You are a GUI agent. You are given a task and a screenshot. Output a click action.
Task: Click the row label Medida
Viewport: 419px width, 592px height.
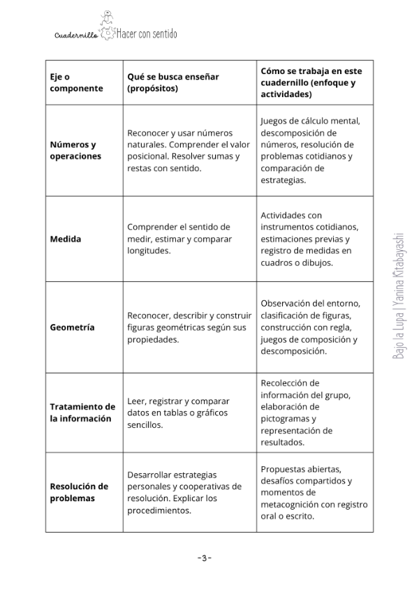[x=65, y=239]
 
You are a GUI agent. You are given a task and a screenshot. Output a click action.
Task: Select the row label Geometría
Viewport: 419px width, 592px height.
[x=72, y=327]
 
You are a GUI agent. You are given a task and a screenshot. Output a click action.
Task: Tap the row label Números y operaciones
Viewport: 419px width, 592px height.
[x=75, y=150]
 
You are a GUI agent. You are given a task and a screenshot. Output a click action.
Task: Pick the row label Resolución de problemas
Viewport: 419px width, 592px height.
[x=79, y=492]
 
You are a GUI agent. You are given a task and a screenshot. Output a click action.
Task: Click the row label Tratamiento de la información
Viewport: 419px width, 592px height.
[x=82, y=413]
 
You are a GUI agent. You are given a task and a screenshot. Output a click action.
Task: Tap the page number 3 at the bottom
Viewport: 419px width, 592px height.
[x=204, y=558]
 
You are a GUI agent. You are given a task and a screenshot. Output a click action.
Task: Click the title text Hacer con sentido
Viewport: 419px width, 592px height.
[x=147, y=33]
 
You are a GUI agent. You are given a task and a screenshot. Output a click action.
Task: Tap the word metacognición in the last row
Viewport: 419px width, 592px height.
[x=294, y=505]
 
